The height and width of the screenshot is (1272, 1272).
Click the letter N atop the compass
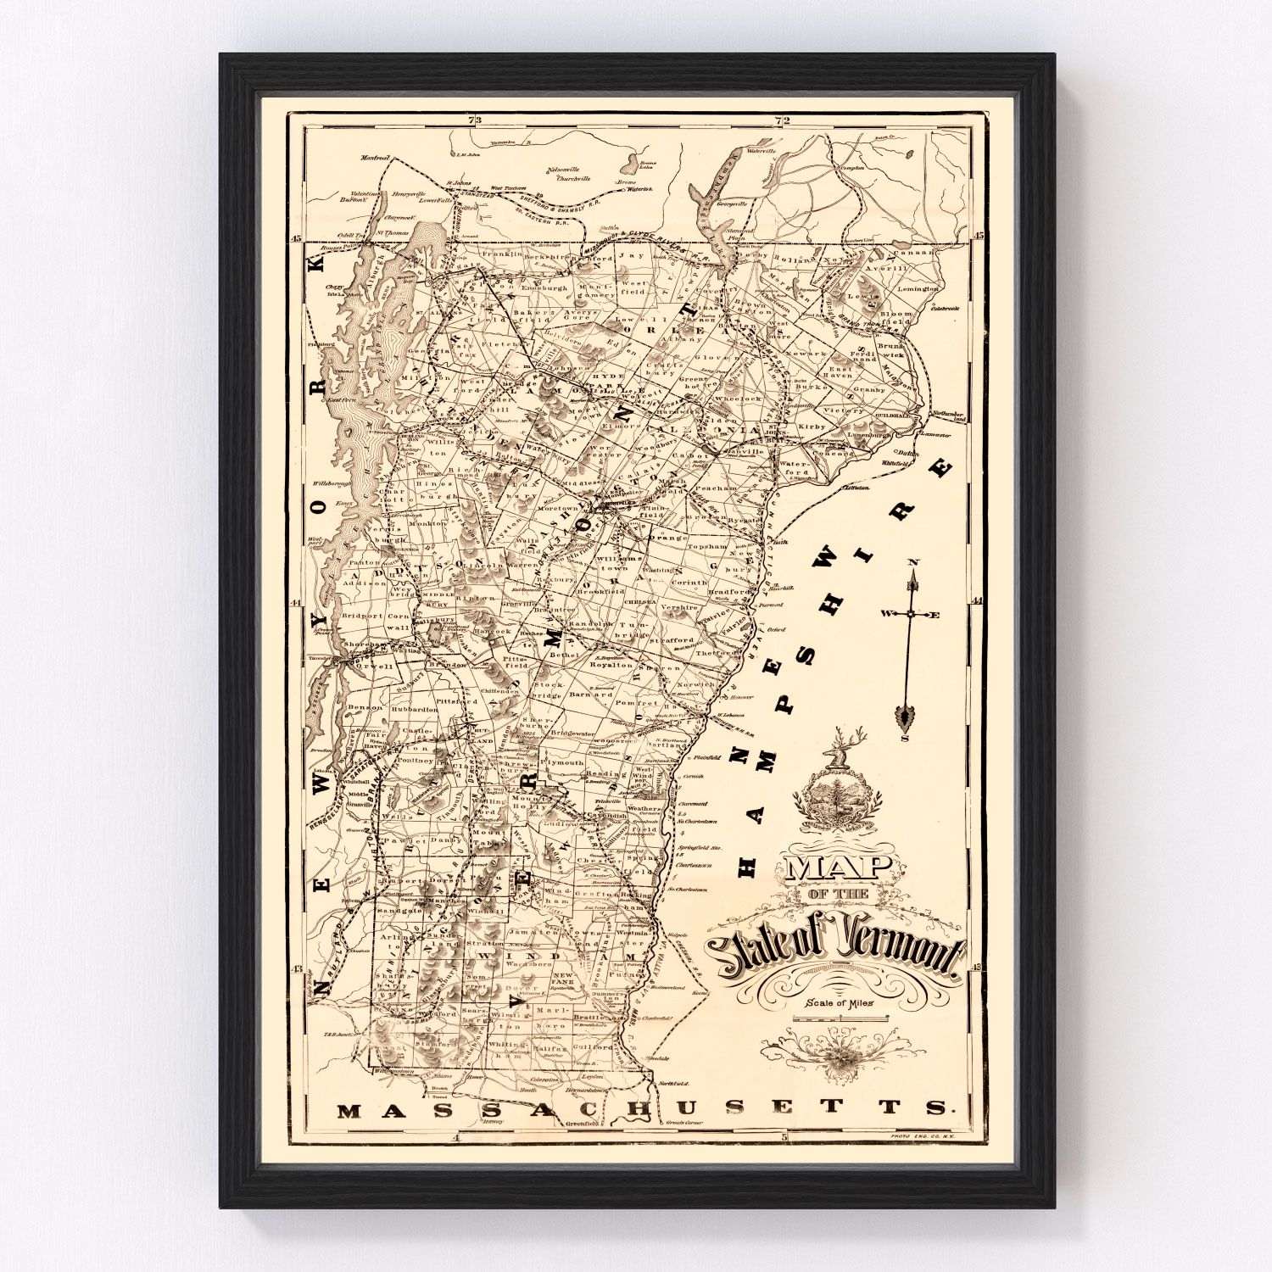(912, 562)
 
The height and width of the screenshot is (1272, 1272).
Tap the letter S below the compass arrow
(904, 738)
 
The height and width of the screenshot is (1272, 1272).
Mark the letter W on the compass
(885, 613)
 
